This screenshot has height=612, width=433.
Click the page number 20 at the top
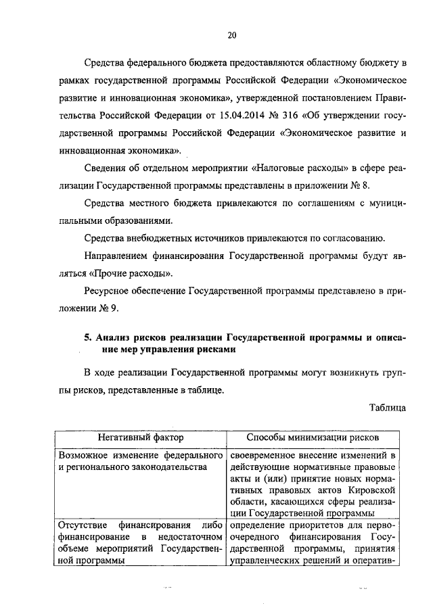tap(231, 35)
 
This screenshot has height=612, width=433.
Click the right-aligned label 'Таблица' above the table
tap(388, 408)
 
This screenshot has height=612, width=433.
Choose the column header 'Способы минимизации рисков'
tap(313, 438)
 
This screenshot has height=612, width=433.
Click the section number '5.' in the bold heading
tap(89, 337)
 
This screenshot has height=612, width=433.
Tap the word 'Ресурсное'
tap(108, 291)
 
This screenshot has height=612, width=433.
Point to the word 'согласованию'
tap(357, 238)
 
